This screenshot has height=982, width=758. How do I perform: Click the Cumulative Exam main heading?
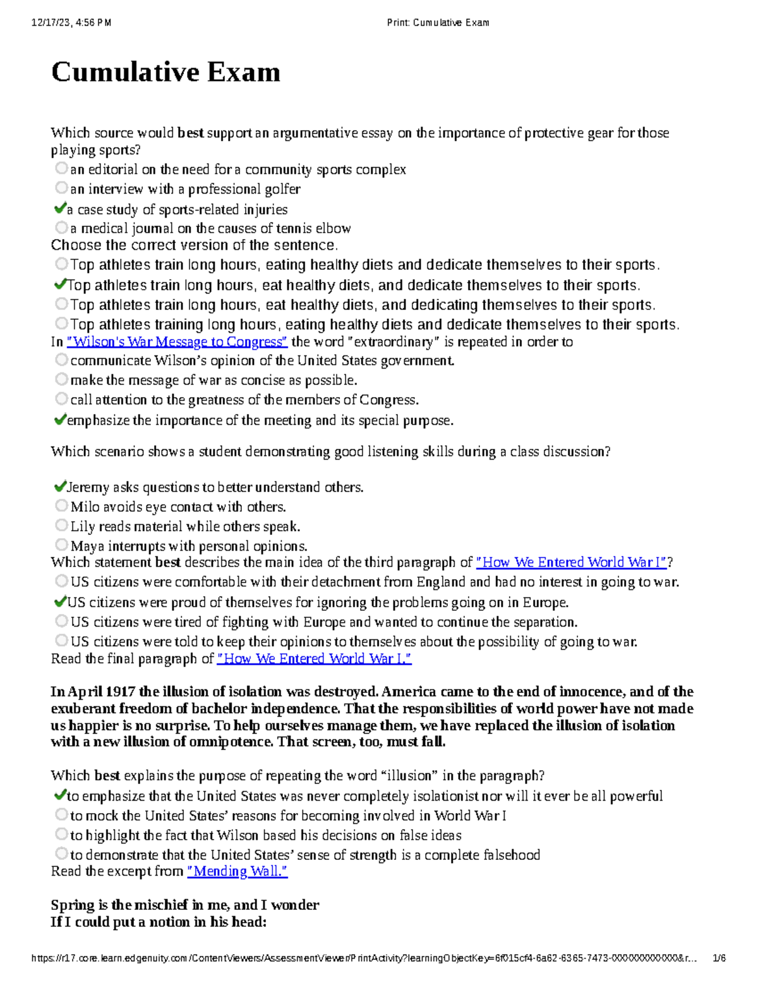pos(165,72)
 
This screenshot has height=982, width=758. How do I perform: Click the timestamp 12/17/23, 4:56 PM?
pos(71,23)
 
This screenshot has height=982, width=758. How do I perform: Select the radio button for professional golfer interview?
pos(61,188)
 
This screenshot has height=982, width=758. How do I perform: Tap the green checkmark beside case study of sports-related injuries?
pos(60,208)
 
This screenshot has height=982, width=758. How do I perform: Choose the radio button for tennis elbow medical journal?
pos(61,227)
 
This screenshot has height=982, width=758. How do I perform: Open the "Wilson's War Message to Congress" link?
pos(177,342)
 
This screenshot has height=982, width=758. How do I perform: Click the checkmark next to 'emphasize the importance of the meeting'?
pos(60,419)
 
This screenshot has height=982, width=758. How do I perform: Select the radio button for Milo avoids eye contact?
pos(61,506)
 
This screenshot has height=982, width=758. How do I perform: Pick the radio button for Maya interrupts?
pos(61,544)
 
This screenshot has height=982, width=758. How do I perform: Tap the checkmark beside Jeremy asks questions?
pos(60,486)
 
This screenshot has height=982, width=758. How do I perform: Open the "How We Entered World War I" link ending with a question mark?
pos(571,562)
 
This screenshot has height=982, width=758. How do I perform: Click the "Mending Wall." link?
pos(238,871)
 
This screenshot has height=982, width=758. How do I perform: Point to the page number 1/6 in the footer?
pos(719,958)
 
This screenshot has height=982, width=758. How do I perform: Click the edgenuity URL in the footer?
pos(363,958)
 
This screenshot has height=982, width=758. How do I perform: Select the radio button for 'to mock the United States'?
pos(61,814)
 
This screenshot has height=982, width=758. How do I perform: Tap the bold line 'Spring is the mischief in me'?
pos(184,905)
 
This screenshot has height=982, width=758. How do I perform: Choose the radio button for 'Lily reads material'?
pos(61,525)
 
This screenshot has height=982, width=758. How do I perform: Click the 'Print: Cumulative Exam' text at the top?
pos(438,23)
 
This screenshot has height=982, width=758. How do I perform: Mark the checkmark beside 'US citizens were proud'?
pos(60,601)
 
